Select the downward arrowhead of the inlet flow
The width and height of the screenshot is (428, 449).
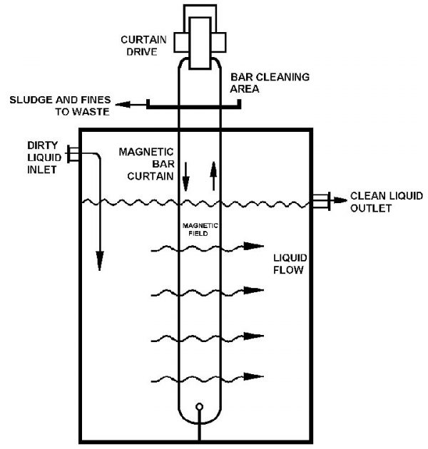[x=99, y=264]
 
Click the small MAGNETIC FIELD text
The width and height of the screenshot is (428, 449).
[x=200, y=228]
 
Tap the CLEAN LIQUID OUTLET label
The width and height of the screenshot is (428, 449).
[x=381, y=203]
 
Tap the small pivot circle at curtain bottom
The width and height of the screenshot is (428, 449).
[x=200, y=408]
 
